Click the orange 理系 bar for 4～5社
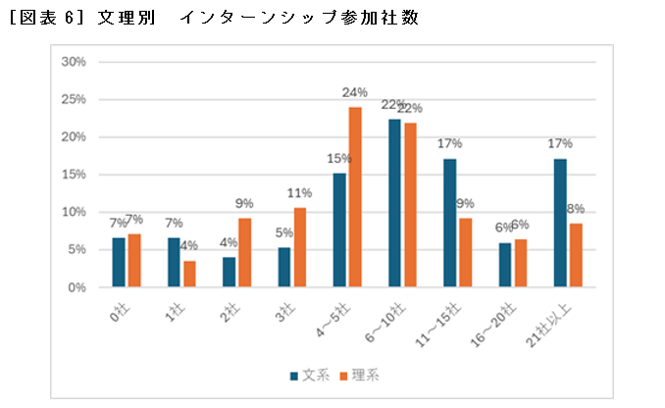tap(355, 197)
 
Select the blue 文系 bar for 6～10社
tap(394, 204)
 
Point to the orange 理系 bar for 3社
tap(300, 247)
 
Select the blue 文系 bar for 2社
tap(229, 273)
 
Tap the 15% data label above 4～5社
tap(338, 159)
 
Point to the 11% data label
tap(299, 193)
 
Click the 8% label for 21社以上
tap(577, 209)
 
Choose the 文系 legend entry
tap(308, 375)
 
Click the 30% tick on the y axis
tap(74, 62)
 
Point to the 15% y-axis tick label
tap(74, 175)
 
